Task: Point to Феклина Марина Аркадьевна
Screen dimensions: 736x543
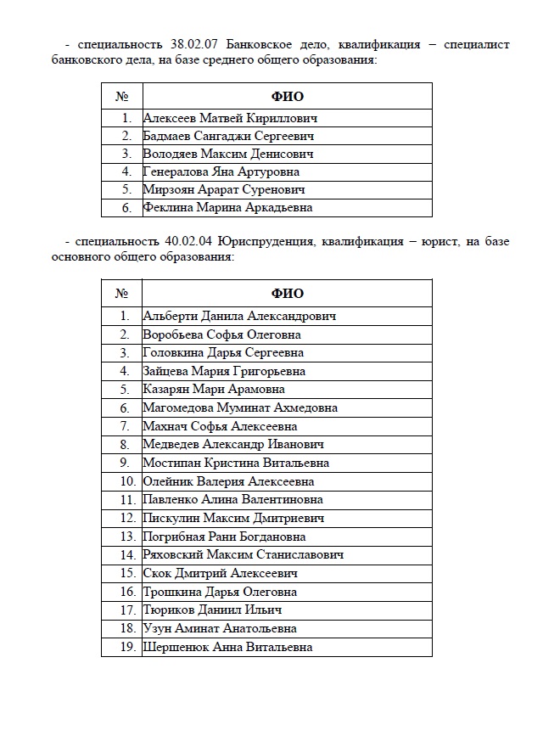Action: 227,207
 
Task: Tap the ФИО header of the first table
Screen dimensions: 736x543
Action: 287,97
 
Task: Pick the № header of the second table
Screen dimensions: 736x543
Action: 121,294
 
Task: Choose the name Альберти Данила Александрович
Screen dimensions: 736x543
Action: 240,316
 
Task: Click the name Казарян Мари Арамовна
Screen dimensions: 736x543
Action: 216,390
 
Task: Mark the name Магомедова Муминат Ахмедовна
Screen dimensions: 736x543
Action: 240,408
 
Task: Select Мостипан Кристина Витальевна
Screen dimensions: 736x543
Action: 236,463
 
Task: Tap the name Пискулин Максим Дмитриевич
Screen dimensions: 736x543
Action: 233,518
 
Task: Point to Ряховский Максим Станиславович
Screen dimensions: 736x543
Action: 244,555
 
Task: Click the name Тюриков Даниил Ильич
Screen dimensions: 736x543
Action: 212,610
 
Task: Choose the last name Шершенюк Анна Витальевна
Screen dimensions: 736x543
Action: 227,647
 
